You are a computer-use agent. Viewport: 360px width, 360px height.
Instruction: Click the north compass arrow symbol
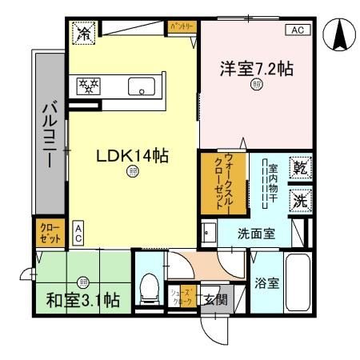340,37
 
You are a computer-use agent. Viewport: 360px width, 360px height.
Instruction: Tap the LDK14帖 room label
131,156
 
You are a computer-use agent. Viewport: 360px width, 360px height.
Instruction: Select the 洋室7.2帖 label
257,70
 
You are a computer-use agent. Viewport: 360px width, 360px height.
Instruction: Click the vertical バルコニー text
47,134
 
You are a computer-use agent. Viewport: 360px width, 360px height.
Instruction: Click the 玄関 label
214,300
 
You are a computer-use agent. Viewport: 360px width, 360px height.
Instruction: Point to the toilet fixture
149,288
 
